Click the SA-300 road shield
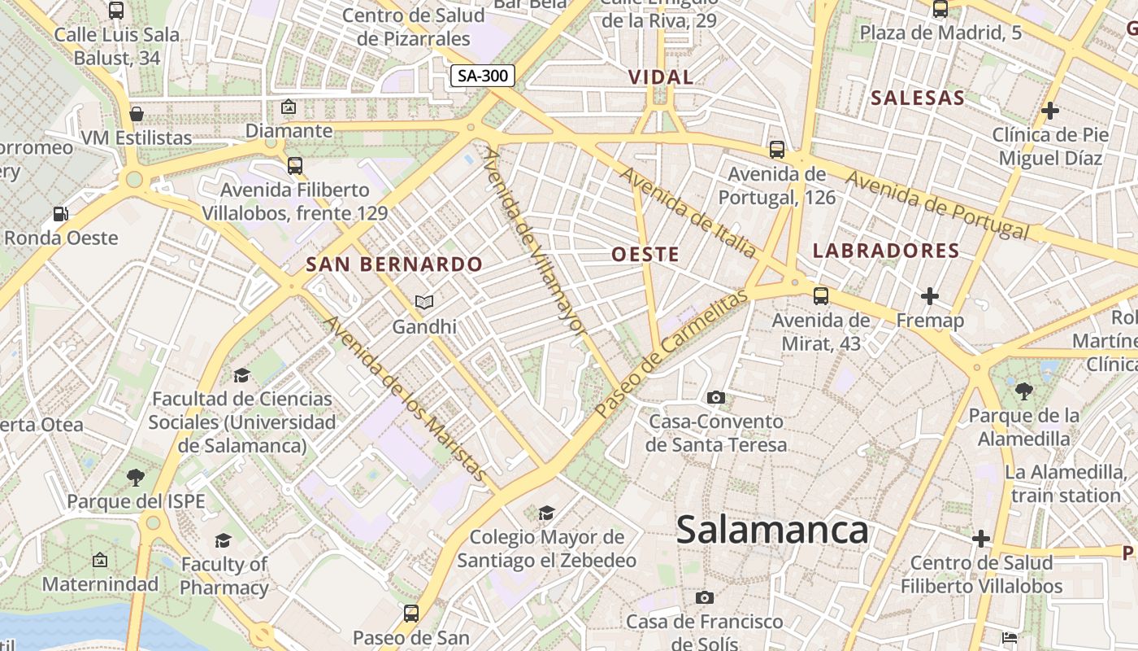483,76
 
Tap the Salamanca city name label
772,531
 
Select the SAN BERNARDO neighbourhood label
394,264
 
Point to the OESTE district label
645,255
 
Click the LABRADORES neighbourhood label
886,251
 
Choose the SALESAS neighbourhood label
918,98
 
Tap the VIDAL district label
661,77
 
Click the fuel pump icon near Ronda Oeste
61,214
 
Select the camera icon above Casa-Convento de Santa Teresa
715,397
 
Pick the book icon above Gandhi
423,302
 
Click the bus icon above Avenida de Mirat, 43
821,296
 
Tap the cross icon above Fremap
930,296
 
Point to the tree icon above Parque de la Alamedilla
1023,391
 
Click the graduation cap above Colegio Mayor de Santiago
546,513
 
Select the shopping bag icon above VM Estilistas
137,113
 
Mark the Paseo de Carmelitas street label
671,355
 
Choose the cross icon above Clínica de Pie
1050,110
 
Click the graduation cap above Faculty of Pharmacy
223,540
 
